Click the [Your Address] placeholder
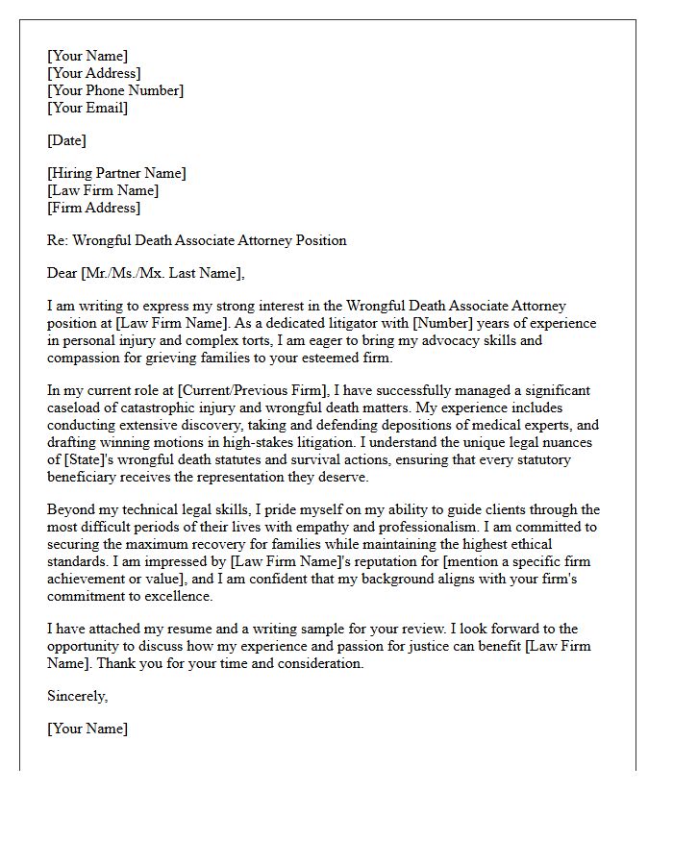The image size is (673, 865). [93, 73]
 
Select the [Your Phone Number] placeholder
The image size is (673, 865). [114, 90]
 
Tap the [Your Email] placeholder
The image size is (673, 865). [87, 108]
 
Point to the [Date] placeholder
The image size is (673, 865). [66, 140]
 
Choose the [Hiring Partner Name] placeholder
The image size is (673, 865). [116, 173]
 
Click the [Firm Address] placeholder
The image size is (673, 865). [93, 208]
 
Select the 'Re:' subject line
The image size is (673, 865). [196, 240]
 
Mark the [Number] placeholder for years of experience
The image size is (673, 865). [440, 323]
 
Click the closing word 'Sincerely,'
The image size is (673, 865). [78, 696]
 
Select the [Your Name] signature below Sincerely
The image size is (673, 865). [87, 729]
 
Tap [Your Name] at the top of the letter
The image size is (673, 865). [87, 56]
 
